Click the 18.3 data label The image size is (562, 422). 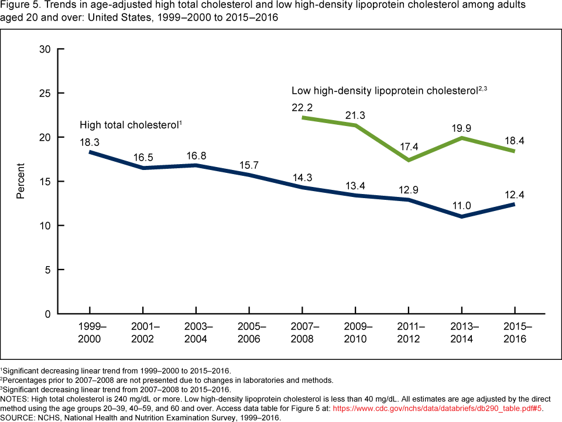90,142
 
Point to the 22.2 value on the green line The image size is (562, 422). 302,107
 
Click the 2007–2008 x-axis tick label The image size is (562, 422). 303,332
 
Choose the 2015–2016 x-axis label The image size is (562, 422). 514,332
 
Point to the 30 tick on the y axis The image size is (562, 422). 44,49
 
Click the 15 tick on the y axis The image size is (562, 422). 44,182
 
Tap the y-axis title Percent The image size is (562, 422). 20,182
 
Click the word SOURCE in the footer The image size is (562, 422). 18,418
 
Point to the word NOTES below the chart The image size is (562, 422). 15,399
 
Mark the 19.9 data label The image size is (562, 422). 461,127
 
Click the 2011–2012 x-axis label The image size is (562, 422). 408,332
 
